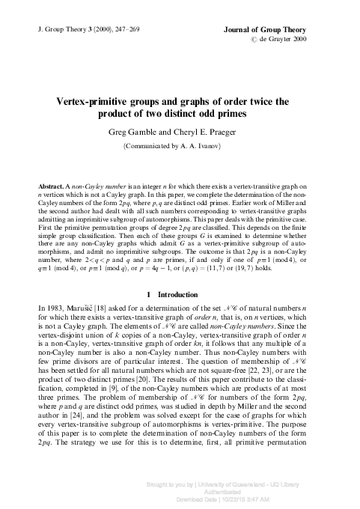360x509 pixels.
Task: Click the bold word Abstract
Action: tap(51, 184)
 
